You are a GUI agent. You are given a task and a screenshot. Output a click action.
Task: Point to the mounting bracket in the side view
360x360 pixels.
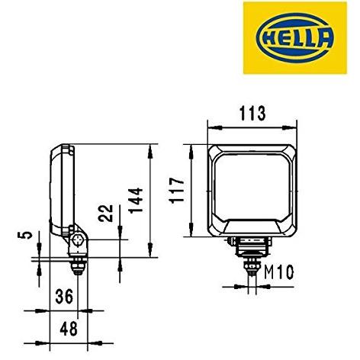click(x=79, y=240)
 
